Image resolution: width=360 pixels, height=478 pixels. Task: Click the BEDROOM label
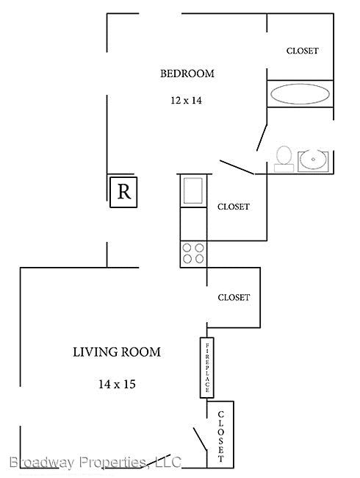tap(187, 74)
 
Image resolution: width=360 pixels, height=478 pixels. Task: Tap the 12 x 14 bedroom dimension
tap(186, 100)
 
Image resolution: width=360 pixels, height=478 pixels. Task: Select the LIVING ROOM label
tap(117, 352)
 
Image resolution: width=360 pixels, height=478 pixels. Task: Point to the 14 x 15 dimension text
tap(117, 384)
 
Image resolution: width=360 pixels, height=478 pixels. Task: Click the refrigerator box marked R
tap(123, 192)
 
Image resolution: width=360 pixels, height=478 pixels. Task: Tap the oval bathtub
tap(300, 94)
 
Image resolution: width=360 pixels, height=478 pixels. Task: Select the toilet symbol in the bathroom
tap(284, 159)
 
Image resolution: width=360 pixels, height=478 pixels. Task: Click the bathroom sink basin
tap(313, 160)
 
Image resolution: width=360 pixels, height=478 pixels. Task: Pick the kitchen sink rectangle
tap(193, 191)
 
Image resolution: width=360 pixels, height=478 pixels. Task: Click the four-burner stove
tap(193, 254)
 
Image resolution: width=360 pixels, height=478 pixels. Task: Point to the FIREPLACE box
tap(206, 368)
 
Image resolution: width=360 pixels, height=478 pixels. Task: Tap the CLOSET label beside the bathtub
tap(302, 51)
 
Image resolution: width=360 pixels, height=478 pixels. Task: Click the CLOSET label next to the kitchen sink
tap(234, 207)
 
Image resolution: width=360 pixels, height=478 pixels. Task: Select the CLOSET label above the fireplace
tap(234, 297)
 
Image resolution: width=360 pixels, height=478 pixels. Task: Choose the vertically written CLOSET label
tap(221, 436)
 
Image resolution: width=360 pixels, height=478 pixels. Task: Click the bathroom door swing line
tap(262, 138)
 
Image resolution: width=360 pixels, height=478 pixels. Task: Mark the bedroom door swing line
tap(237, 168)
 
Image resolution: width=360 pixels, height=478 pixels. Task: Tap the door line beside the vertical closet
tap(200, 439)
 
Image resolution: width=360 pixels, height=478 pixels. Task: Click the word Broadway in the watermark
tap(41, 463)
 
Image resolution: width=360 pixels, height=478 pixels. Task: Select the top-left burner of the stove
tap(187, 248)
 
